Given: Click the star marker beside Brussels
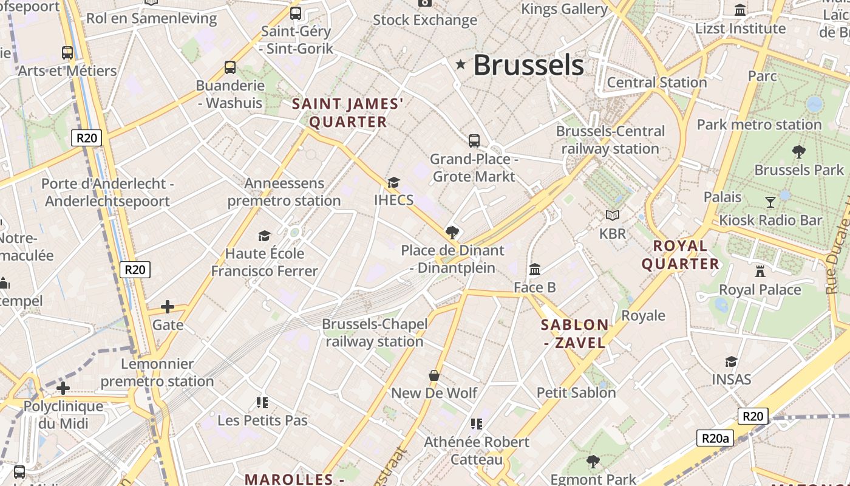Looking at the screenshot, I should (461, 64).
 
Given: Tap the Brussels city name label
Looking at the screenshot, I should (528, 65).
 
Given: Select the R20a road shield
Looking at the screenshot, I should (715, 438).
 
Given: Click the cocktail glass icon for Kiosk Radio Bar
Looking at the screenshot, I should (770, 202).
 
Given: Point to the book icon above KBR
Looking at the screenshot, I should (613, 215).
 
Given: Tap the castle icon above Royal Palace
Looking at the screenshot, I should (760, 271).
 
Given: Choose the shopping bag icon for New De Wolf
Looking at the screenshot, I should (434, 375).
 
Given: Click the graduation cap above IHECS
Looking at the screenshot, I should (393, 182).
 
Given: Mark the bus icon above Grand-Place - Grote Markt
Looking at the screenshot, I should (474, 141).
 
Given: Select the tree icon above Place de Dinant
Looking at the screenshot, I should (452, 232).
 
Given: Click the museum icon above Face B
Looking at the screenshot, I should (535, 269).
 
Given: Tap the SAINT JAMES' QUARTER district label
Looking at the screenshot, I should (348, 113).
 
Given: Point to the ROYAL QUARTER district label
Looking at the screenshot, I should (681, 255).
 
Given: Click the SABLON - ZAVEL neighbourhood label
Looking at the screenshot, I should (574, 334).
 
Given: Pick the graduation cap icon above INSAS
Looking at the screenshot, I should (732, 361).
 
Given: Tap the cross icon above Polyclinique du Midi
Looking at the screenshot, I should (63, 388).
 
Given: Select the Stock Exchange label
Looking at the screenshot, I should (425, 20).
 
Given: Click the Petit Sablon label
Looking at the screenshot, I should (576, 392).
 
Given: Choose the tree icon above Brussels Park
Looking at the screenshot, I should (799, 151).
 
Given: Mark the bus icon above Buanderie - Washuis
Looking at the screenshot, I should (230, 67).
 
